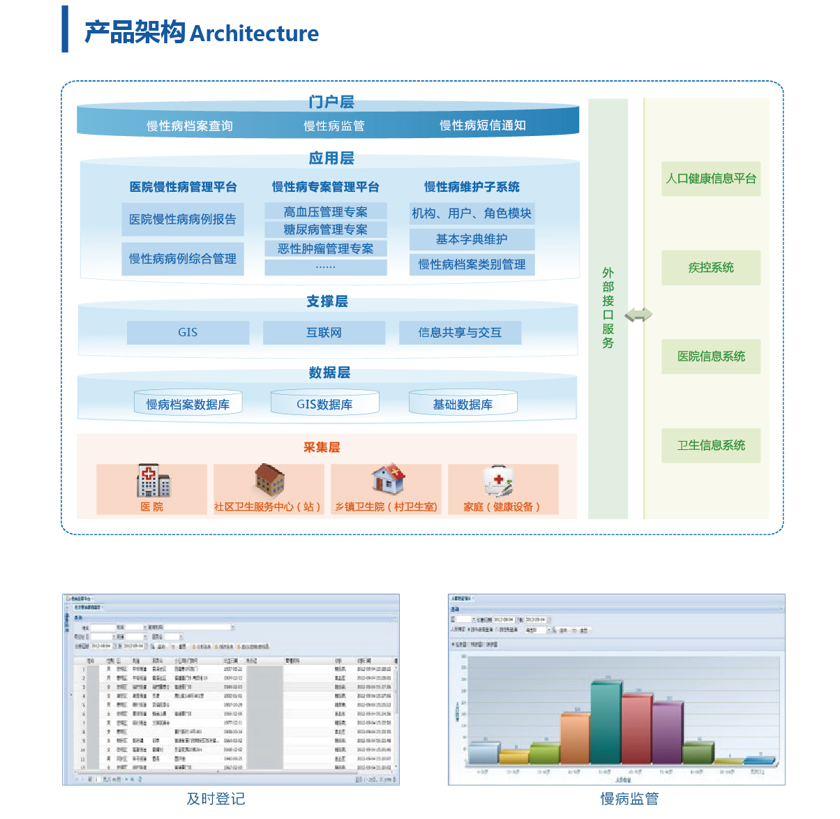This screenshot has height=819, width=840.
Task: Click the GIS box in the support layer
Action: pyautogui.click(x=188, y=333)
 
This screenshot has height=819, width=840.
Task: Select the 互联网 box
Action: pyautogui.click(x=324, y=333)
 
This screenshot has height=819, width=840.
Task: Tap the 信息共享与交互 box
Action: pyautogui.click(x=460, y=333)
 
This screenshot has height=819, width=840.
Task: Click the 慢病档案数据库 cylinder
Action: pyautogui.click(x=188, y=404)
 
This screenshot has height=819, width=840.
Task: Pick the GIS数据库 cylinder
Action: pyautogui.click(x=324, y=404)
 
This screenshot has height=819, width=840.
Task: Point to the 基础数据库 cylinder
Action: pyautogui.click(x=463, y=404)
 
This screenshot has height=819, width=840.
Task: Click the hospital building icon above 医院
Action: pyautogui.click(x=153, y=481)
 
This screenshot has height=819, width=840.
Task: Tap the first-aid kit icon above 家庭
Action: pyautogui.click(x=499, y=481)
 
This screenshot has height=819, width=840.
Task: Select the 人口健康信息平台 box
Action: pyautogui.click(x=711, y=179)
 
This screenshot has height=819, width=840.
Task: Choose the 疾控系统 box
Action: pyautogui.click(x=711, y=267)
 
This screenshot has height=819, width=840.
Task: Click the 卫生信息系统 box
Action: pyautogui.click(x=711, y=445)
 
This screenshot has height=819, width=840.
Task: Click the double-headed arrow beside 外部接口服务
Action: pyautogui.click(x=638, y=315)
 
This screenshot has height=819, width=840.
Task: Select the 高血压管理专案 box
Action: pyautogui.click(x=326, y=211)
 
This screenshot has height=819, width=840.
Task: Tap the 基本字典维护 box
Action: pyautogui.click(x=472, y=239)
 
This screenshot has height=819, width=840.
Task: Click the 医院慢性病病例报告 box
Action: pyautogui.click(x=183, y=219)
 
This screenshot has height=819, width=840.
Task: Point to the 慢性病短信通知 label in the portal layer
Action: pyautogui.click(x=482, y=126)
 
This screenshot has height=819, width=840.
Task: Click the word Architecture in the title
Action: pyautogui.click(x=254, y=33)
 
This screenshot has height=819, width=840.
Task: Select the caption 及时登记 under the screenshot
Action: pyautogui.click(x=216, y=799)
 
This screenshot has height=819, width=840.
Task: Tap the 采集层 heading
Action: pyautogui.click(x=322, y=447)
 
